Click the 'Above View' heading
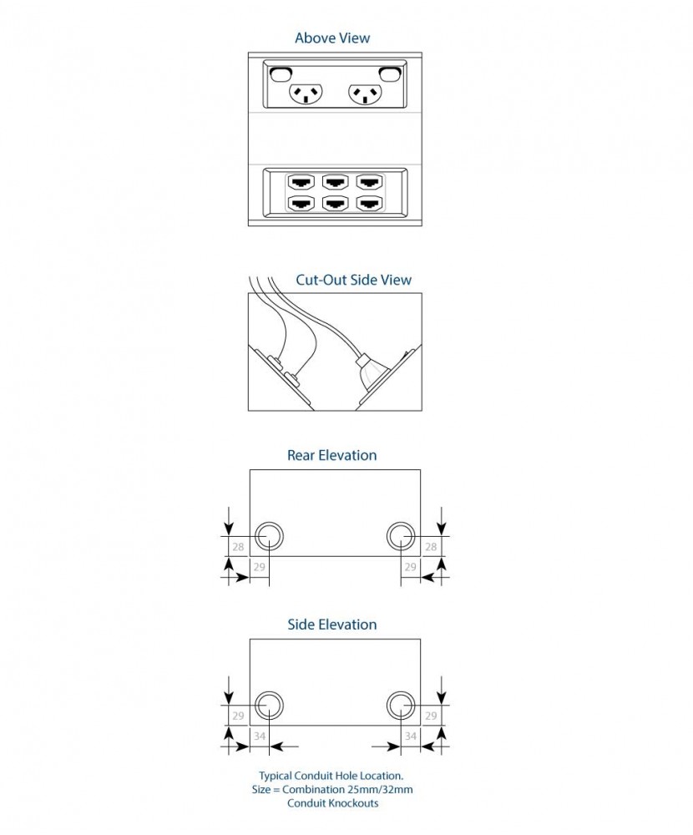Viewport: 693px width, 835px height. (x=332, y=38)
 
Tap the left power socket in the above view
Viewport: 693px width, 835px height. (x=306, y=94)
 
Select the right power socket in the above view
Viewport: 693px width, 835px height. (x=365, y=94)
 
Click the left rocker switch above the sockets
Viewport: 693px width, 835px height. (x=281, y=73)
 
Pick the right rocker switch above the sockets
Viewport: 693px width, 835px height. (x=389, y=73)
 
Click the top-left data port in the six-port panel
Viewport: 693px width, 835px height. (x=301, y=182)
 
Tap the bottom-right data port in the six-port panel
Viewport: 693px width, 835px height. (x=369, y=203)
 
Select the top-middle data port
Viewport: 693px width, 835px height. (x=335, y=182)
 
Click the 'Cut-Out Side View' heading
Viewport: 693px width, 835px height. (x=354, y=280)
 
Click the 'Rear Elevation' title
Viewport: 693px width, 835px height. (x=331, y=455)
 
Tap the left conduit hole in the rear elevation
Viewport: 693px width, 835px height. (x=269, y=536)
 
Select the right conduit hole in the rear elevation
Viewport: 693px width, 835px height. (x=401, y=536)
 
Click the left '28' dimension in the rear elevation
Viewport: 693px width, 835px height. (x=238, y=547)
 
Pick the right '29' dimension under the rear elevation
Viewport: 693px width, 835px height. (x=410, y=567)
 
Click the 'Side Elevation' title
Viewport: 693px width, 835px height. (x=331, y=625)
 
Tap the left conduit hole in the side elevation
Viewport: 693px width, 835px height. (x=269, y=705)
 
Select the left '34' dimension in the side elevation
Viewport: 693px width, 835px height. (x=260, y=736)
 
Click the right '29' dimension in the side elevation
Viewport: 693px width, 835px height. (x=431, y=716)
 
